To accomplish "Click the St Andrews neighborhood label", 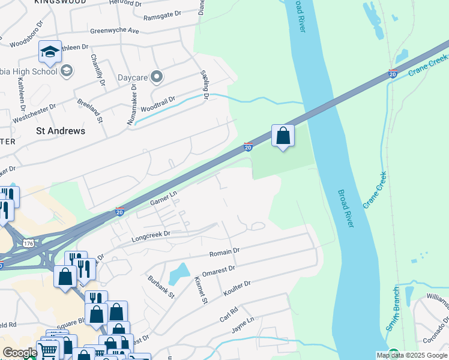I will (x=61, y=130).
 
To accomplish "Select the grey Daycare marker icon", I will (x=157, y=76).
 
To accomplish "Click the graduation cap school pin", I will (x=50, y=52).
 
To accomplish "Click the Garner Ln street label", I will (x=164, y=198).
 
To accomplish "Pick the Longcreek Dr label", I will (x=151, y=235).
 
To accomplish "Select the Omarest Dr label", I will (x=220, y=268).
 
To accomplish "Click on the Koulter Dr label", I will (x=237, y=286).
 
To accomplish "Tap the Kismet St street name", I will (x=200, y=290).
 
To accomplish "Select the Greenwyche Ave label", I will (x=114, y=31).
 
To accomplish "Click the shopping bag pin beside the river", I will (x=283, y=136).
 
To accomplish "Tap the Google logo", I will (x=20, y=353).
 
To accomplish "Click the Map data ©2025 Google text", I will (x=412, y=355).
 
